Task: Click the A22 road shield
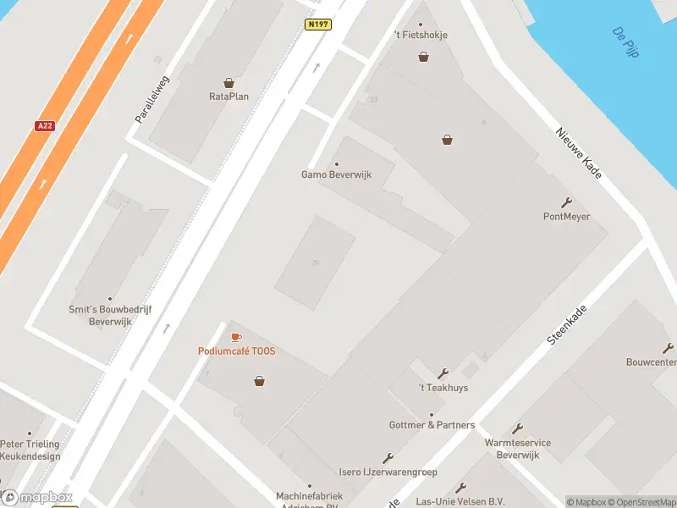[x=45, y=125]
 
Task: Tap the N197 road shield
[x=317, y=25]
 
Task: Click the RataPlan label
[x=228, y=97]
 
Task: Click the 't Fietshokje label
[x=421, y=35]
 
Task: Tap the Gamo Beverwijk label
[x=337, y=175]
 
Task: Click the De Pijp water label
[x=625, y=42]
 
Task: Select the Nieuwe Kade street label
[x=579, y=153]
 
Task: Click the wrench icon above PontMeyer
[x=566, y=202]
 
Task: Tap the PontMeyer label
[x=566, y=217]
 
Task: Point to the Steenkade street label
[x=567, y=325]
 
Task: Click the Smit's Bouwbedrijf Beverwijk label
[x=110, y=316]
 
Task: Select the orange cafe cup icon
[x=236, y=338]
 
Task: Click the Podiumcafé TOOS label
[x=237, y=351]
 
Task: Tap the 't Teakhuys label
[x=443, y=388]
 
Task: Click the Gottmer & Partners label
[x=432, y=425]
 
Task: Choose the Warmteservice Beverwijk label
[x=517, y=449]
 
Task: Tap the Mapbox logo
[x=37, y=498]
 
